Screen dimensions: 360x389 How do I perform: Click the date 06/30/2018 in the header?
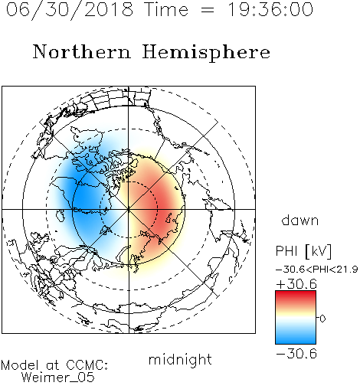coord(70,10)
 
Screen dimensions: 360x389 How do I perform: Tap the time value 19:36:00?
coord(270,9)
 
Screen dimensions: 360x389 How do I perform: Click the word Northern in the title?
coord(82,52)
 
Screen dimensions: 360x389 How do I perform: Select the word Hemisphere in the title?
coord(206,53)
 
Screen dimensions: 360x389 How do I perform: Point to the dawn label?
coord(300,220)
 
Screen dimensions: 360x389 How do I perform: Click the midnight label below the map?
coord(180,360)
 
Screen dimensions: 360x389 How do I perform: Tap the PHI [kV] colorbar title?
coord(303,251)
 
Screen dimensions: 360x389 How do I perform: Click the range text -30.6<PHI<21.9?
coord(316,270)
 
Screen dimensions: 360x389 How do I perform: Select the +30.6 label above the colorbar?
coord(296,284)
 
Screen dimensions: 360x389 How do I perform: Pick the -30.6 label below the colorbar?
coord(296,354)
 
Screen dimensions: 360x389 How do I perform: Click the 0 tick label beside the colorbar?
coord(322,319)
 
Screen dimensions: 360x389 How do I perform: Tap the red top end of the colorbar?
coord(296,293)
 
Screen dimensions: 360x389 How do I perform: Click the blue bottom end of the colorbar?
coord(296,342)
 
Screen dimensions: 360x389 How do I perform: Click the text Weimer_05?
coord(58,378)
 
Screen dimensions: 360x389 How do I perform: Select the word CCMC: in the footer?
coord(87,365)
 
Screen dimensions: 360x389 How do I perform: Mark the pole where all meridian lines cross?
coord(129,209)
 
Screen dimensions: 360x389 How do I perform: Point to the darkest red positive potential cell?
coord(163,207)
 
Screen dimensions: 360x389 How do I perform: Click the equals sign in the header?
coord(208,10)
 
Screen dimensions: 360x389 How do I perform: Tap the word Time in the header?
coord(166,9)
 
